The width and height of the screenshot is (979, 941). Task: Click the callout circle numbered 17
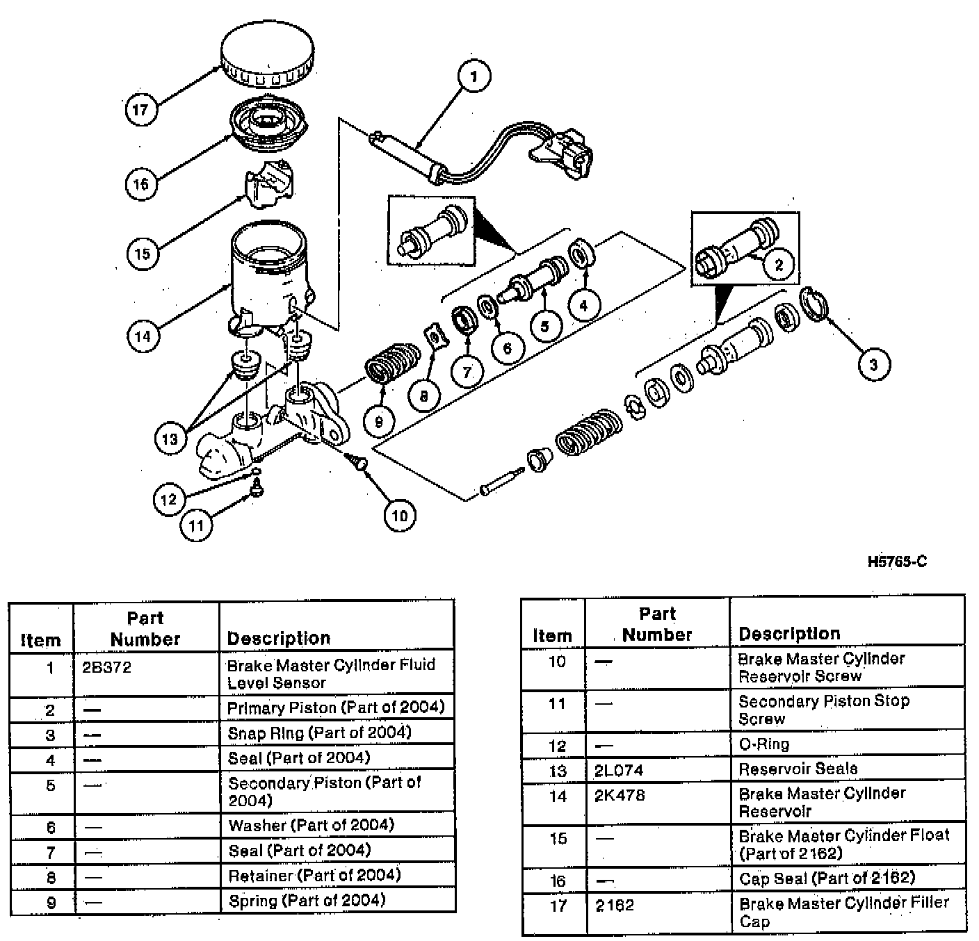(140, 109)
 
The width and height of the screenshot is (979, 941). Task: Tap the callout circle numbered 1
(474, 76)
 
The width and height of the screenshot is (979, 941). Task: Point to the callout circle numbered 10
(399, 515)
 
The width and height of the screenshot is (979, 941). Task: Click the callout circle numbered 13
(170, 439)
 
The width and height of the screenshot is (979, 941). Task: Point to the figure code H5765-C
(897, 562)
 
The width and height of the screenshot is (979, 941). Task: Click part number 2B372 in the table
(106, 668)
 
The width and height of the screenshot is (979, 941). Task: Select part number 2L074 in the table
(619, 770)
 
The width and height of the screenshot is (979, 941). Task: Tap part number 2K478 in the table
(620, 795)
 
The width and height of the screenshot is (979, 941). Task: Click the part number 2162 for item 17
(615, 906)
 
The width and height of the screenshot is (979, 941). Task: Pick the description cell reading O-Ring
(763, 744)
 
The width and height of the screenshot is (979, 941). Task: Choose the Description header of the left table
(279, 638)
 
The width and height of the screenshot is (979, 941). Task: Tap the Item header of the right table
(552, 635)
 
